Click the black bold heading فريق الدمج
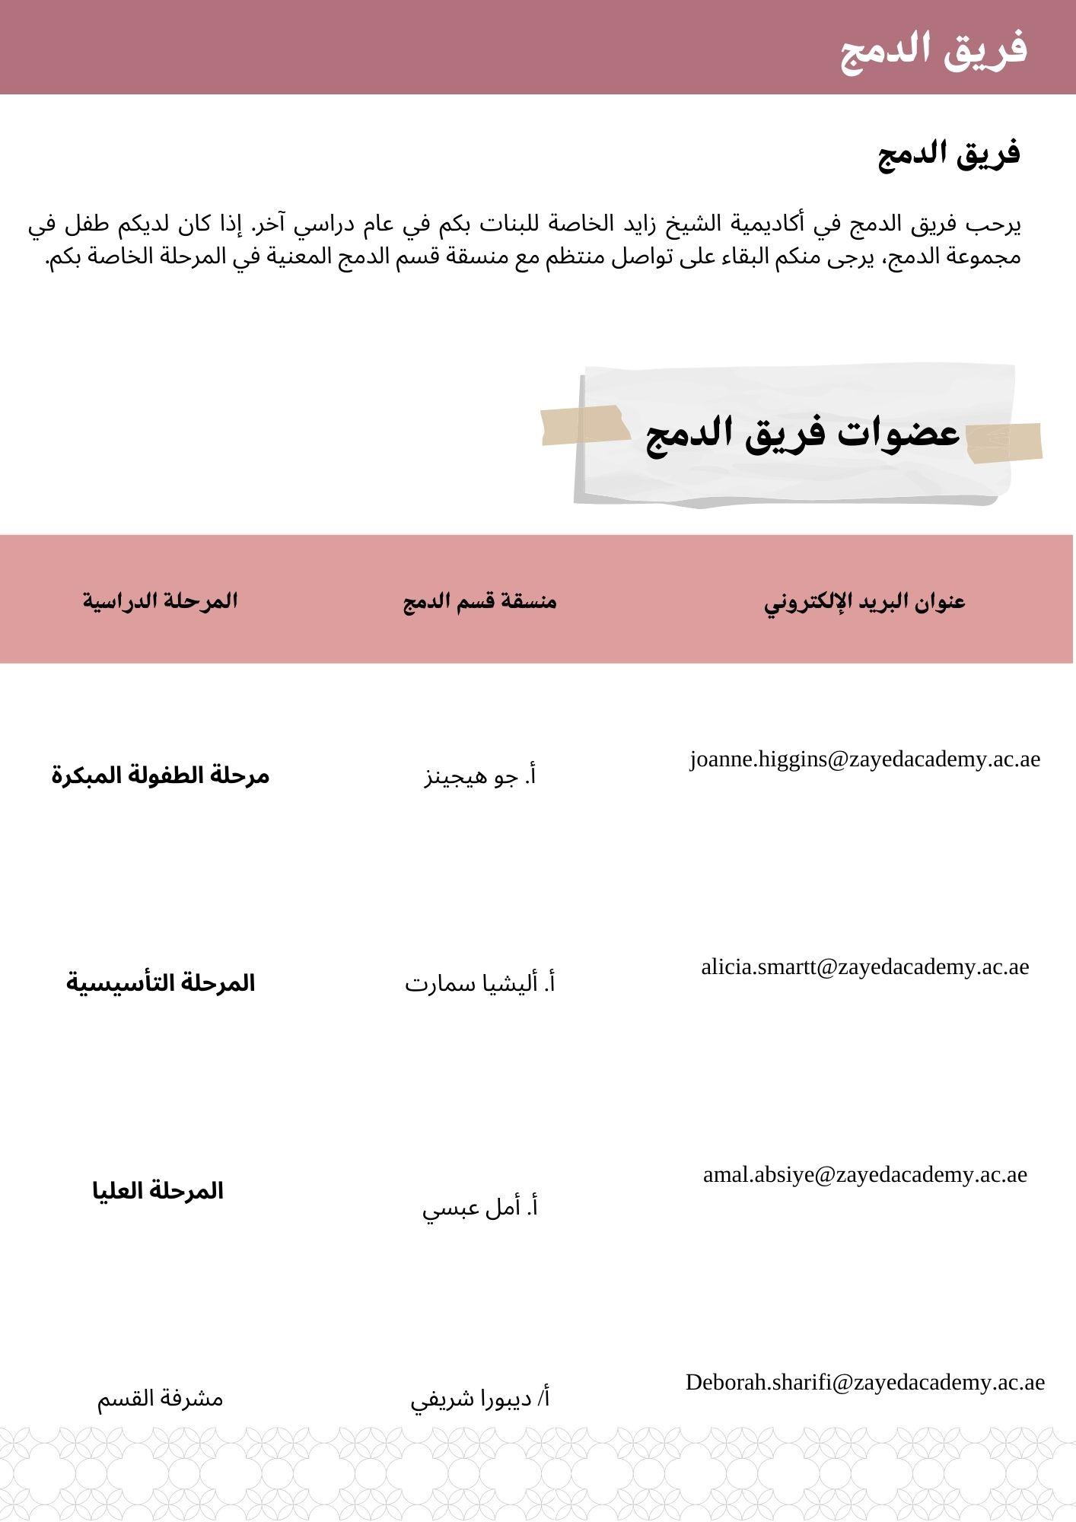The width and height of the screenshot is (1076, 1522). tap(948, 154)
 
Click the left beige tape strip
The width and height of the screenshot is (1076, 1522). tap(583, 425)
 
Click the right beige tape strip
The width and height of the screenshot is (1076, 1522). tap(1004, 442)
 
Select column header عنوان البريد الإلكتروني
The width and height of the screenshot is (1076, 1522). tap(864, 601)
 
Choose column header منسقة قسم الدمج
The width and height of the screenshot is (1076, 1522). tap(480, 601)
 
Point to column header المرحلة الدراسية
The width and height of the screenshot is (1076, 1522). tap(161, 600)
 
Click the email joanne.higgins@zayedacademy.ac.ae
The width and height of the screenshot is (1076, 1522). tap(864, 759)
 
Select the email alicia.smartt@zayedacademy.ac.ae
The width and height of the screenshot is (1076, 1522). tap(864, 967)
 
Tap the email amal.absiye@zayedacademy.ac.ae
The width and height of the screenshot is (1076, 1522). tap(864, 1175)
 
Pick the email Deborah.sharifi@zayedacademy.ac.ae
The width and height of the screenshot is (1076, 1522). tap(864, 1383)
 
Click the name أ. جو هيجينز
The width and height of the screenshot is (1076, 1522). tap(480, 777)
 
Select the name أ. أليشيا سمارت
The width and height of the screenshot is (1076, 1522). tap(480, 984)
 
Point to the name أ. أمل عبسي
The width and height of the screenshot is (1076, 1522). tap(480, 1208)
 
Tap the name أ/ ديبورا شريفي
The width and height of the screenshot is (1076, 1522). tap(480, 1399)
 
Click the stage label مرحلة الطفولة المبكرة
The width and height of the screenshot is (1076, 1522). tap(161, 775)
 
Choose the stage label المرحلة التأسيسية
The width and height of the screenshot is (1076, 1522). tap(161, 982)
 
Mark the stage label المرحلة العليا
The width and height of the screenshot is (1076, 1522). tap(158, 1191)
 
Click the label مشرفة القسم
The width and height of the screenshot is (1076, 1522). tap(160, 1399)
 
